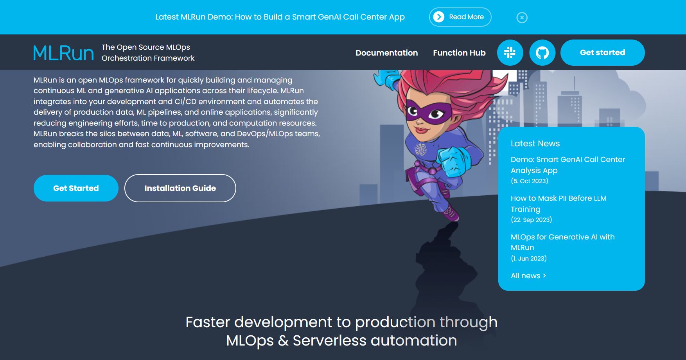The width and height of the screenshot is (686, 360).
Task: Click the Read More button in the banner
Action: [x=460, y=17]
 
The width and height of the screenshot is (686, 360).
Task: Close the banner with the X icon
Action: [x=522, y=18]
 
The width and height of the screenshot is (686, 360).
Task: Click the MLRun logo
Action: [x=63, y=53]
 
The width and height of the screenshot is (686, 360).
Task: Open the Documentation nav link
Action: [x=386, y=53]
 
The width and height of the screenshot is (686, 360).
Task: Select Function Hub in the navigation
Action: [x=459, y=53]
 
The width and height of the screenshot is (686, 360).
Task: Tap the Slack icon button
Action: [x=510, y=52]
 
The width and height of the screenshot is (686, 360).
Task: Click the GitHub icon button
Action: [x=542, y=52]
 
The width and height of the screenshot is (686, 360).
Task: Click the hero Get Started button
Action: [x=76, y=188]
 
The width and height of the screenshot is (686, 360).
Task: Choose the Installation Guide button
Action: [x=180, y=188]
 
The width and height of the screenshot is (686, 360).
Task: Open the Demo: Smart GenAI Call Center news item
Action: [x=568, y=165]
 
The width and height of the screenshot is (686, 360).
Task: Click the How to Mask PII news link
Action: [x=558, y=203]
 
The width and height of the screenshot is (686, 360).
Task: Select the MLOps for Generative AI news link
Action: [x=562, y=242]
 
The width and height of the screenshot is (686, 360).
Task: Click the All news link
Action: [x=528, y=275]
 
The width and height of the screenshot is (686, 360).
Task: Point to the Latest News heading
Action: [x=535, y=144]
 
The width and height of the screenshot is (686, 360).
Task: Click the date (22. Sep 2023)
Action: [x=531, y=220]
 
